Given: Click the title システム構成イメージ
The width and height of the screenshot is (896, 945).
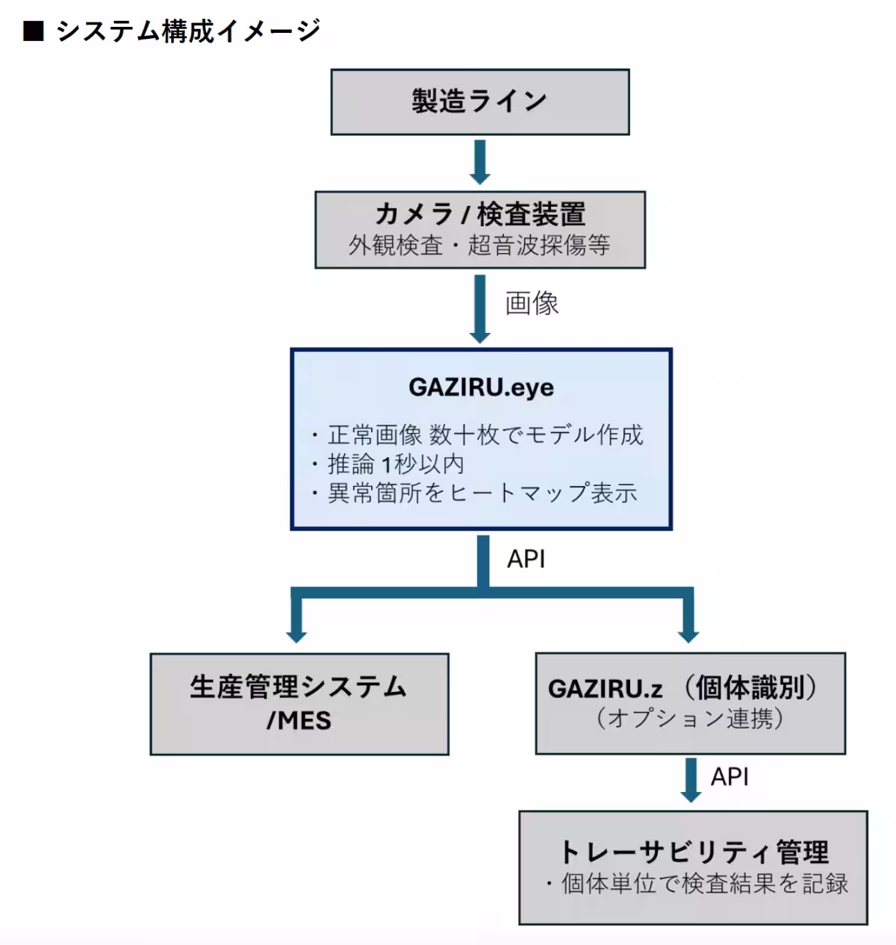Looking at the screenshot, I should (x=188, y=31).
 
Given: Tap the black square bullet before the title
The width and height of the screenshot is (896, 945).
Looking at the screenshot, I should (x=34, y=31).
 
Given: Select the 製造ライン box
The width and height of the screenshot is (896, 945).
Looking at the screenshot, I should (x=479, y=102).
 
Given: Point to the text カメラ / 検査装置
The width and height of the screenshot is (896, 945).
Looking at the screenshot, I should (x=479, y=214).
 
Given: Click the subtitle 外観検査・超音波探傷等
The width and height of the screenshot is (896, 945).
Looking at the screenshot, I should (x=479, y=245).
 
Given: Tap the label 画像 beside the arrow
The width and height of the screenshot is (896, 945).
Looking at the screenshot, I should (x=532, y=303).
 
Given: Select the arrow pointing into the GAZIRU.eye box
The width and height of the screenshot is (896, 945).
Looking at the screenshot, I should (x=479, y=308).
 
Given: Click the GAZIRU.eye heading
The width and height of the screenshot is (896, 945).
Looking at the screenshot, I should (x=481, y=387).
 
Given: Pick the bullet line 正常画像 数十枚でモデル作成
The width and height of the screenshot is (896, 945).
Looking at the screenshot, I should (x=485, y=434).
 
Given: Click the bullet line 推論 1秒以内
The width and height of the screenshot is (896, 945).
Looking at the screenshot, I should (x=396, y=464).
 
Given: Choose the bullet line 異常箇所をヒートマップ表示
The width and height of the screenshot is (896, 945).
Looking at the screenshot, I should (x=482, y=493).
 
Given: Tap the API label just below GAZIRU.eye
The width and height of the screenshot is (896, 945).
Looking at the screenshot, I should (x=526, y=559).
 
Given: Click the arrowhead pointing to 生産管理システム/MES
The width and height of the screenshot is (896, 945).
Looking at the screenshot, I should (x=296, y=634).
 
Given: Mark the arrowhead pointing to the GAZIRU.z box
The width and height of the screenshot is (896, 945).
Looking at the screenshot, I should (x=688, y=634).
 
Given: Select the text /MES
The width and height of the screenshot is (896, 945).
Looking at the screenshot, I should (x=299, y=720).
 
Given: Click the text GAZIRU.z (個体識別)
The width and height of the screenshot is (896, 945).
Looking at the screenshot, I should (x=682, y=687).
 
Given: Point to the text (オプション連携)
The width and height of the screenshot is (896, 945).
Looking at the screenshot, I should (x=689, y=718).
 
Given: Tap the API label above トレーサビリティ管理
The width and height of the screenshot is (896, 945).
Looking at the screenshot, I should (x=729, y=777).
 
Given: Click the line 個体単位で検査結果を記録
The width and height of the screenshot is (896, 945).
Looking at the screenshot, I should (x=704, y=884).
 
